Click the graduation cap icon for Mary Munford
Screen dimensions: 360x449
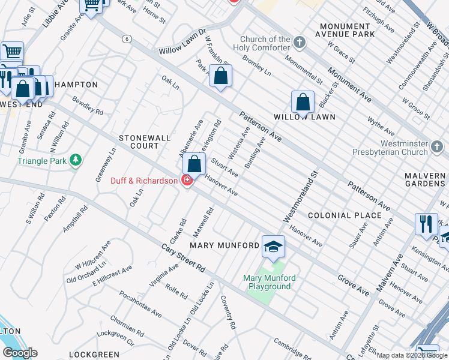click(x=273, y=247)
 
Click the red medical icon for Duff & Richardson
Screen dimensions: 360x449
click(x=187, y=180)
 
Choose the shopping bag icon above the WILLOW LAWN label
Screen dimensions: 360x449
click(x=303, y=102)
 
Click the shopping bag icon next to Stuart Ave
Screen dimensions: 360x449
click(x=194, y=163)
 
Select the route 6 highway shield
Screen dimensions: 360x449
click(x=127, y=38)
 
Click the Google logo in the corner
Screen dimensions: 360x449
click(x=20, y=353)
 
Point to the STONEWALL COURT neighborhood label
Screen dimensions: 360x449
click(x=139, y=142)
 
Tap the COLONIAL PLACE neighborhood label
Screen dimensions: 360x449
click(x=345, y=215)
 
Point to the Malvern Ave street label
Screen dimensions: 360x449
click(x=388, y=273)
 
